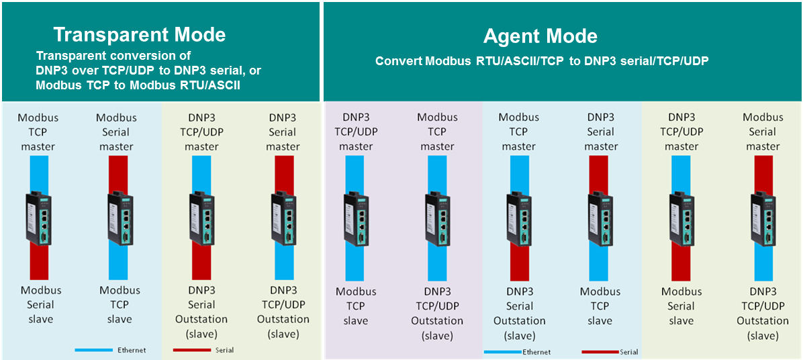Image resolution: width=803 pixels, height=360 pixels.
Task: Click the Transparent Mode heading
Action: (139, 35)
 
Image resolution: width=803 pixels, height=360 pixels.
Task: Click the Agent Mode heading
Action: (540, 36)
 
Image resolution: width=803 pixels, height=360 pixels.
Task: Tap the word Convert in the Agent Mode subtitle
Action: (396, 61)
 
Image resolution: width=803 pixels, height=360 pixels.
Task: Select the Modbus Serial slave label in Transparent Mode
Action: (41, 305)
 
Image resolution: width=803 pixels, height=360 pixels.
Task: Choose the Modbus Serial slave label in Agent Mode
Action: (681, 306)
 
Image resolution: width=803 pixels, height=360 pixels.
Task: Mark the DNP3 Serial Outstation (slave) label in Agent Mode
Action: (519, 314)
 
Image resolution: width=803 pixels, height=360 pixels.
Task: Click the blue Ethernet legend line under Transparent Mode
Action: (93, 351)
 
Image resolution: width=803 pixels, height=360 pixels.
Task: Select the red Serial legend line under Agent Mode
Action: (600, 352)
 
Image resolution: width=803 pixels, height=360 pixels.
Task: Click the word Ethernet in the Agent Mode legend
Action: (536, 352)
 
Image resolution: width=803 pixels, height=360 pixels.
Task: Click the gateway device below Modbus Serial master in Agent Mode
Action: (763, 218)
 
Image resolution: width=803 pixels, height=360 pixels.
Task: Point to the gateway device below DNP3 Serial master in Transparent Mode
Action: (282, 218)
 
